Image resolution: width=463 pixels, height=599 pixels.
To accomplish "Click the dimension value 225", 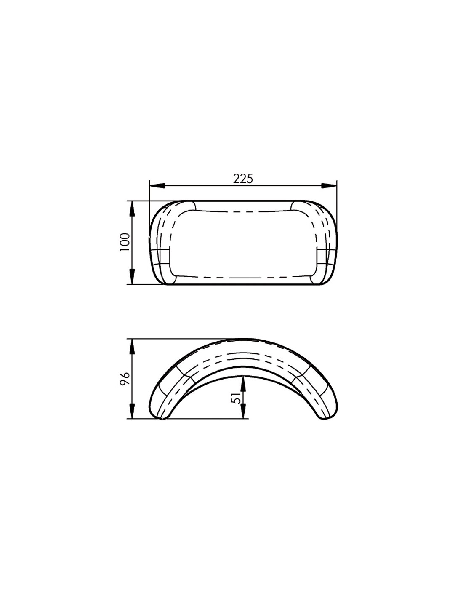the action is pyautogui.click(x=242, y=179).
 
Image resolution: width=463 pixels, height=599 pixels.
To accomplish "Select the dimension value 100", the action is pyautogui.click(x=125, y=242).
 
